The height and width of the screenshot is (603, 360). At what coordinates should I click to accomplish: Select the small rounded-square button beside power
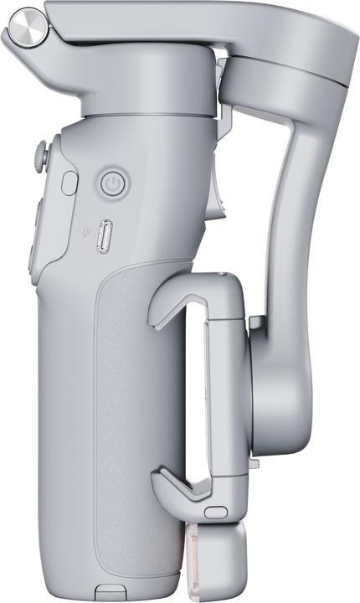click(x=69, y=183)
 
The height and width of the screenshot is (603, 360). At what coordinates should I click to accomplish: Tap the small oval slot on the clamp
click(x=216, y=511)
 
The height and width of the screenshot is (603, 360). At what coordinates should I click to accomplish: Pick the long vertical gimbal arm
click(x=293, y=209)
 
